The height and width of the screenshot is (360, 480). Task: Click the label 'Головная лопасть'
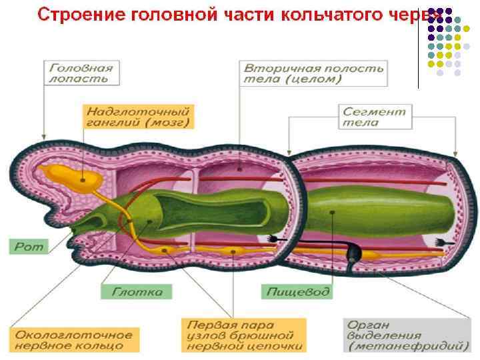coord(80,73)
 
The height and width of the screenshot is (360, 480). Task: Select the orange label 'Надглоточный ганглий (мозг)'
coord(137,116)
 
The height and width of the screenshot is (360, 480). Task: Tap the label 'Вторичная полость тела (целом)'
coord(313,73)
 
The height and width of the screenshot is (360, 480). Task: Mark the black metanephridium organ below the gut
coord(355,253)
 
